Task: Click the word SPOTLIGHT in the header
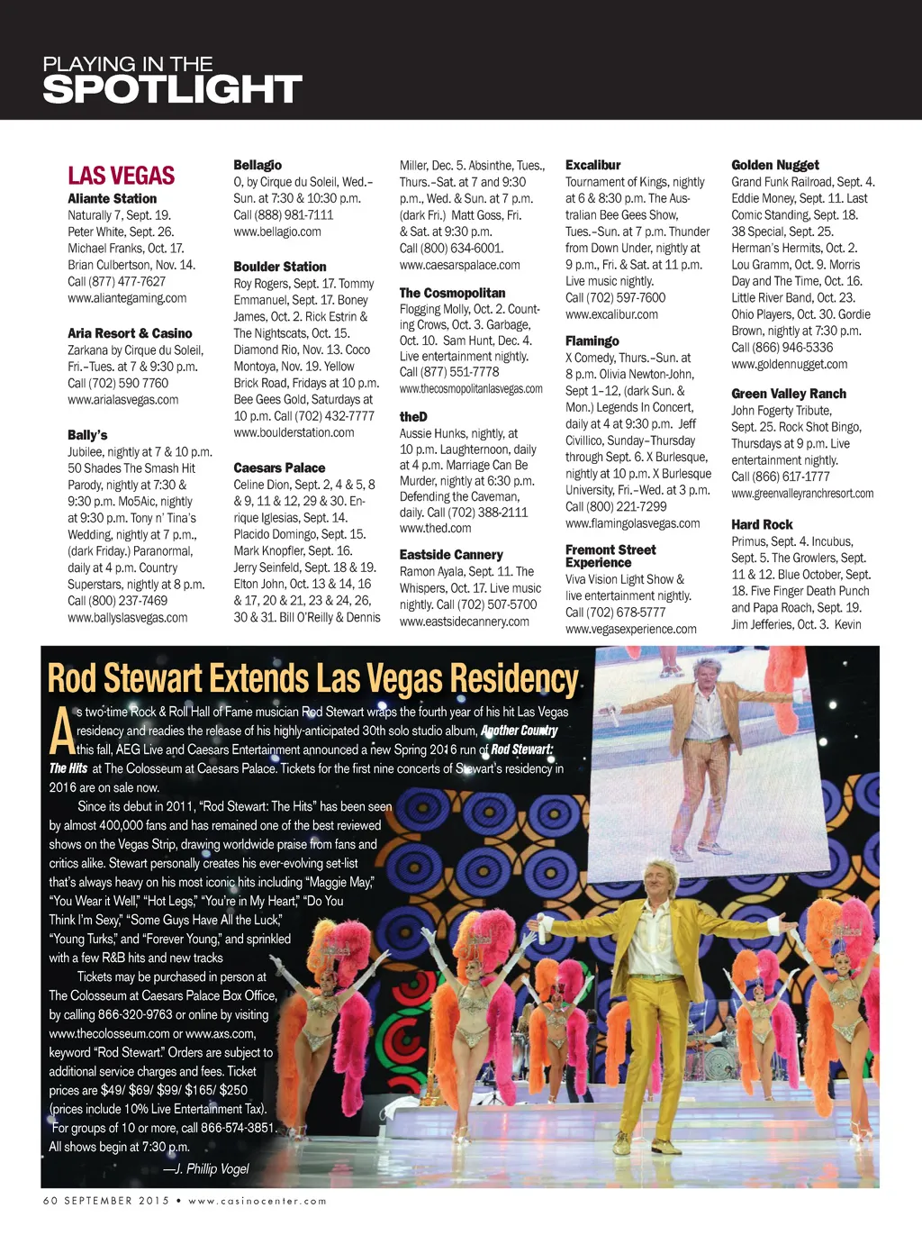coord(172,90)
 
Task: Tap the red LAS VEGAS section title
coord(121,176)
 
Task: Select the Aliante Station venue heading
coord(112,198)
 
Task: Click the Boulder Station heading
coord(279,267)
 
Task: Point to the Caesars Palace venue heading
coord(279,468)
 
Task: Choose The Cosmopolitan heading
coord(452,293)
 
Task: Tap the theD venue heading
coord(413,416)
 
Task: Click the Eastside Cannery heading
coord(451,555)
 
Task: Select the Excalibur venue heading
coord(592,165)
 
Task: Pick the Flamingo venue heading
coord(592,341)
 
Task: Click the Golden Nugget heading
coord(774,165)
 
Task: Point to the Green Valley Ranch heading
coord(788,394)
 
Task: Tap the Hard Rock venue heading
coord(762,524)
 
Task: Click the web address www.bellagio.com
coord(276,232)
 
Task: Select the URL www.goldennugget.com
coord(789,364)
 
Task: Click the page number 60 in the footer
coord(50,1201)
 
